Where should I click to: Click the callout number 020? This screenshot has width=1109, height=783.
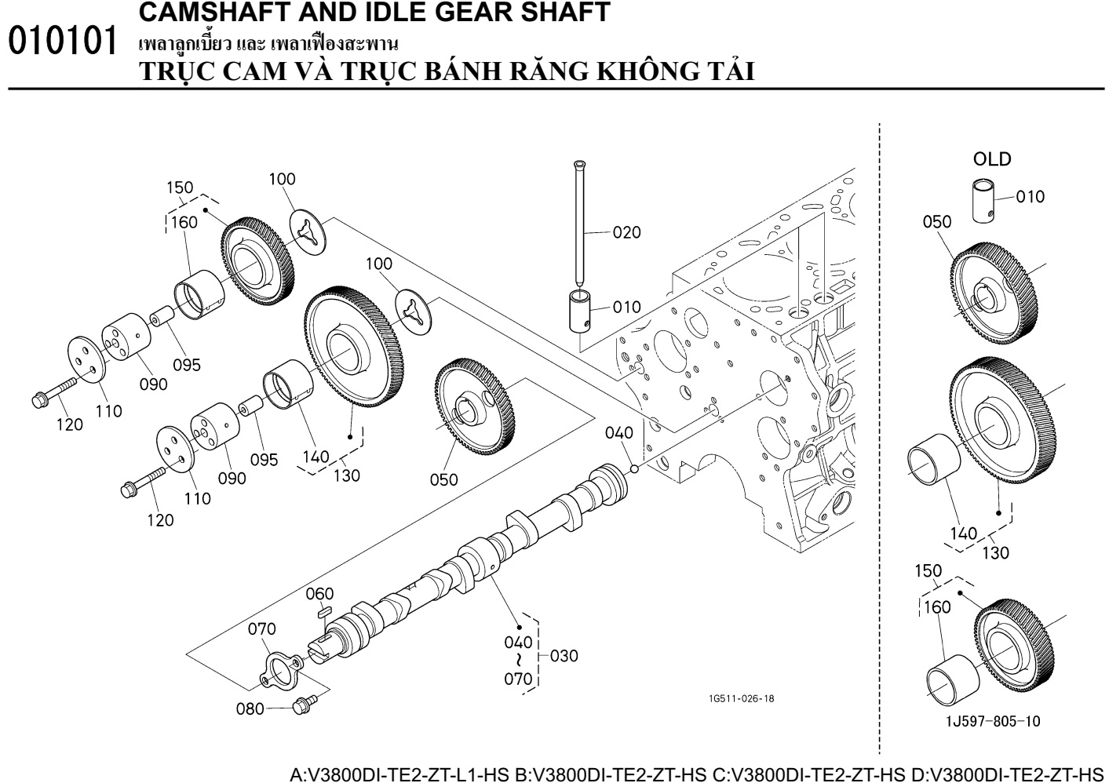(626, 232)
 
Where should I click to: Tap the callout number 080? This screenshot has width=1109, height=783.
(250, 709)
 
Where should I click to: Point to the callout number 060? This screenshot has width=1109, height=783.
(319, 594)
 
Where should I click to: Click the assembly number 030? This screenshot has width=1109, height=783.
(564, 656)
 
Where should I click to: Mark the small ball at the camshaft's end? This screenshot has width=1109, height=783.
(634, 468)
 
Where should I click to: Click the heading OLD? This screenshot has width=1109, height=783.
(992, 159)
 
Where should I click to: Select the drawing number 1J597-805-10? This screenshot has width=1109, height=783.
(992, 720)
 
